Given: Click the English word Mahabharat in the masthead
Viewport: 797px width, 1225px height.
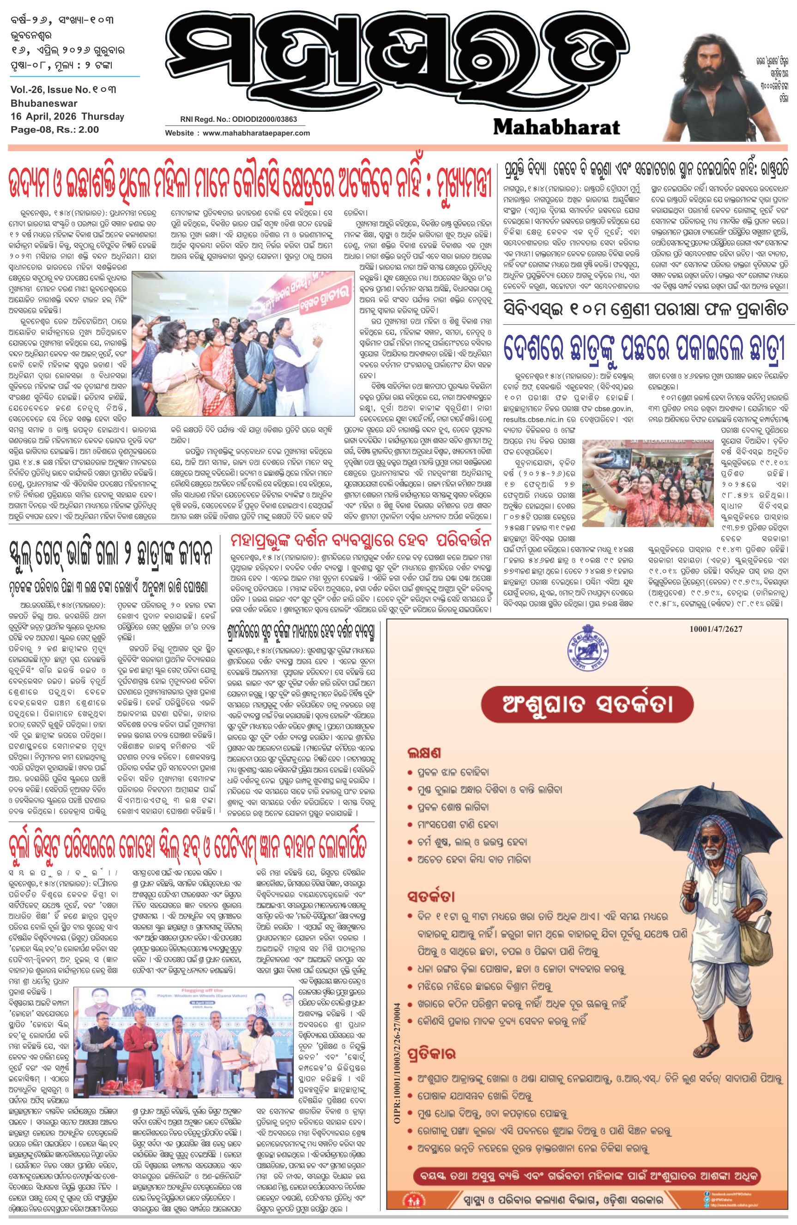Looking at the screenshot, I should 556,127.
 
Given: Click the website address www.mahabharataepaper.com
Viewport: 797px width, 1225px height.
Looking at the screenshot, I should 256,133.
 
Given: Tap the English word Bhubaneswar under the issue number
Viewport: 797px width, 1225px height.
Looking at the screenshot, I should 44,103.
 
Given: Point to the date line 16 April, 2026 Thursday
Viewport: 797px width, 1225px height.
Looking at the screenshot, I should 67,116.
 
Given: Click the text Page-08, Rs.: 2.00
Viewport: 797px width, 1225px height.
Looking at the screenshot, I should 54,130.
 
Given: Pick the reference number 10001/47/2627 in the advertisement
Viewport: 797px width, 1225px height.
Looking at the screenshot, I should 716,629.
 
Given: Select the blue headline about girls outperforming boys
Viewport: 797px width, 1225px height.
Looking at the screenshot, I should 644,348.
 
